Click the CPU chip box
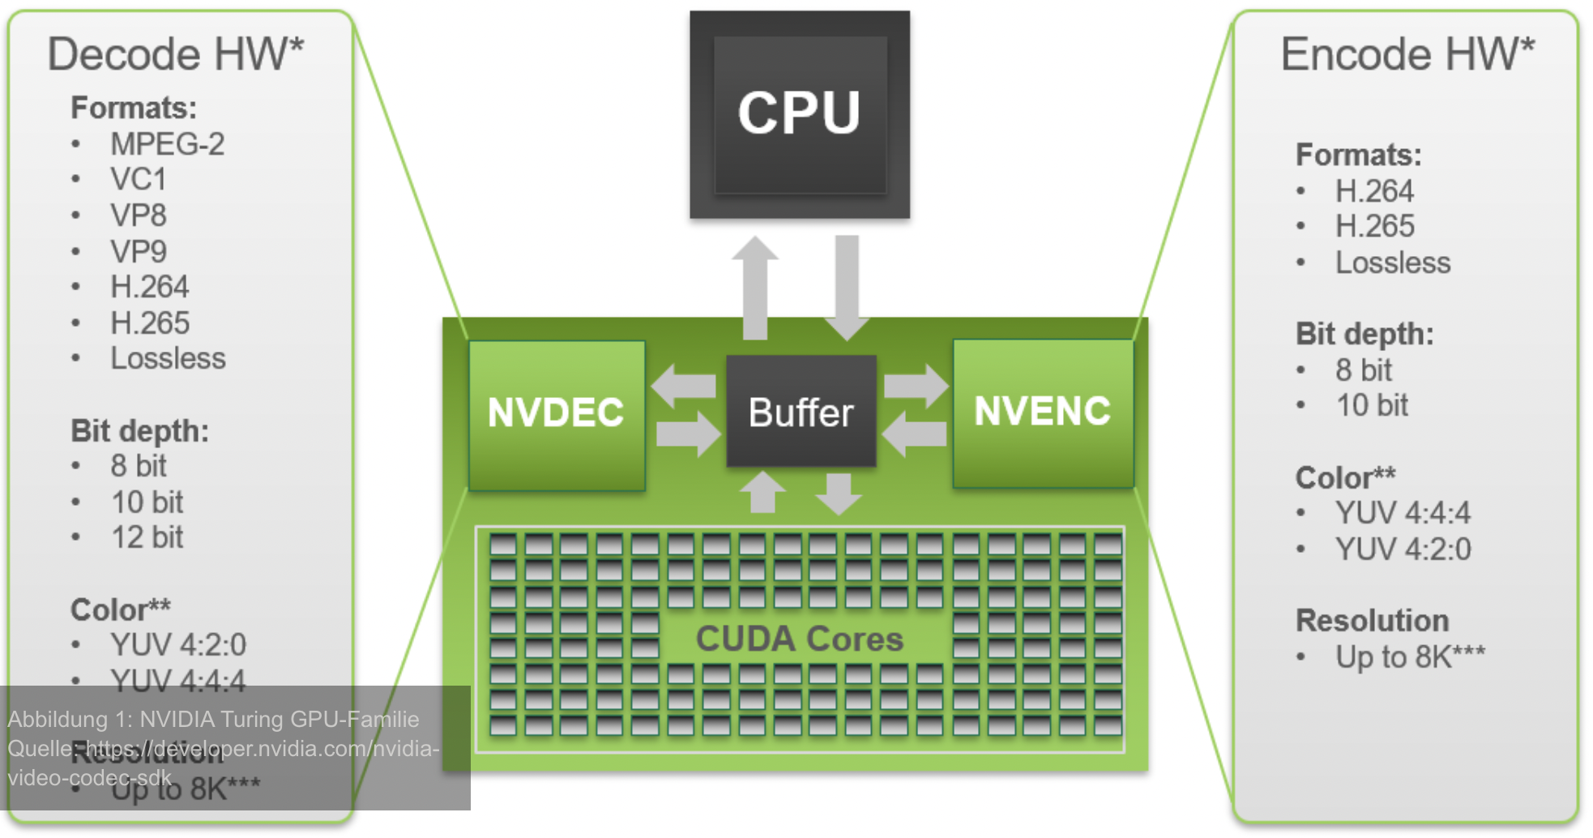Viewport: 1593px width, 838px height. tap(799, 113)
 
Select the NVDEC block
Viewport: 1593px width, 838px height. tap(557, 413)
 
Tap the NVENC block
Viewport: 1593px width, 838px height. tap(1042, 412)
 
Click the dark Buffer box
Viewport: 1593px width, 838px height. tap(801, 412)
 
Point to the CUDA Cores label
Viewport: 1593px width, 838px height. tap(799, 639)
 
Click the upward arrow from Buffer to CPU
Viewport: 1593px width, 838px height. tap(755, 288)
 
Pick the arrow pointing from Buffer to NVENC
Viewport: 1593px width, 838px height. tap(916, 386)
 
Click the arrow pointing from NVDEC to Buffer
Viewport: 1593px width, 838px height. tap(688, 434)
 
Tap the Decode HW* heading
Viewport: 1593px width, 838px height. tap(175, 54)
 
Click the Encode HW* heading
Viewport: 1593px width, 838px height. tap(1407, 54)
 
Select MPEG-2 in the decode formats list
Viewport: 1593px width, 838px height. tap(167, 144)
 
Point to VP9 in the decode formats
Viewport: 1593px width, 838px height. tap(139, 252)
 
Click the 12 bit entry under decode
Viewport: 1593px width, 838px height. tap(147, 537)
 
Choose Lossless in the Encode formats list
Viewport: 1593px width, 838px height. tap(1392, 263)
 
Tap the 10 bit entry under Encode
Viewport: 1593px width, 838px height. tap(1371, 405)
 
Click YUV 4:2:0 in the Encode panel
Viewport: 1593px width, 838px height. tap(1403, 549)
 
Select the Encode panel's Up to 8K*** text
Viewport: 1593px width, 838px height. tap(1410, 656)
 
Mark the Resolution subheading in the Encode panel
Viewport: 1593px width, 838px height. tap(1372, 621)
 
